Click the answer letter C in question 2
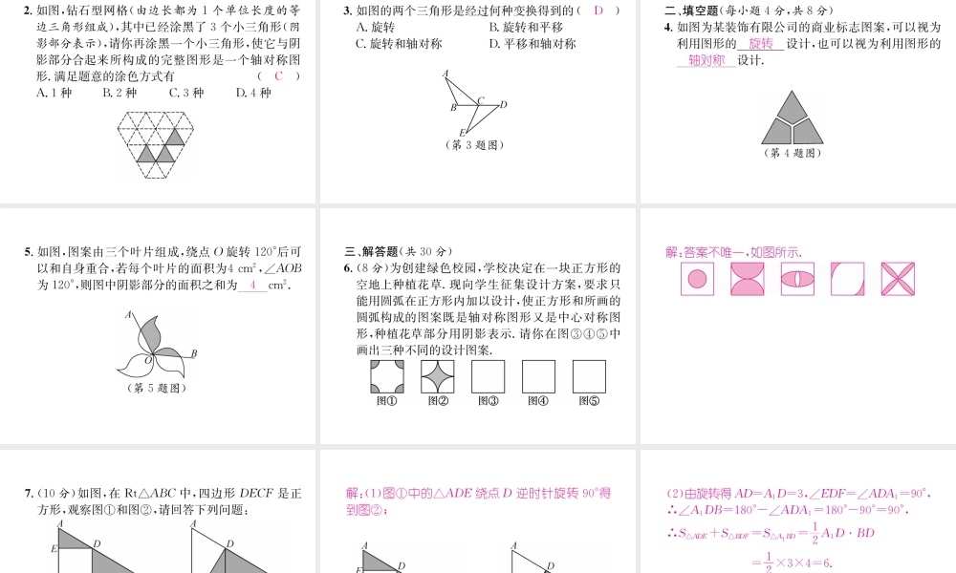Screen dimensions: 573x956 coord(279,76)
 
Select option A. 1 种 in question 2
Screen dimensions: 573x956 coord(54,93)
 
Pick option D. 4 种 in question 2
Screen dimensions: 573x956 coord(253,93)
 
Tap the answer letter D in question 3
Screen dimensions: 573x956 coord(598,11)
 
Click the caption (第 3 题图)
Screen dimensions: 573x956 coord(474,145)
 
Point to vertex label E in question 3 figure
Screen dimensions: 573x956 coord(462,132)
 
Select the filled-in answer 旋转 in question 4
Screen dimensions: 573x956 coord(761,44)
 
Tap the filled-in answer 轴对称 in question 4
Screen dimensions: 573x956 coord(706,61)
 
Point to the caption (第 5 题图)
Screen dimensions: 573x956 coord(156,388)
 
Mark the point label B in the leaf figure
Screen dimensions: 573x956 coord(193,354)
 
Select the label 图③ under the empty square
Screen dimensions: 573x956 coord(488,401)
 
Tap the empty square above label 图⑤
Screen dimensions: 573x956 coord(589,376)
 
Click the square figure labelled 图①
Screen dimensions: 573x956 coord(386,376)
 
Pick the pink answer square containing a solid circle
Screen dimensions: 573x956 coord(697,279)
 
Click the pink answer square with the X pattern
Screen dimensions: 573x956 coord(898,279)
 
